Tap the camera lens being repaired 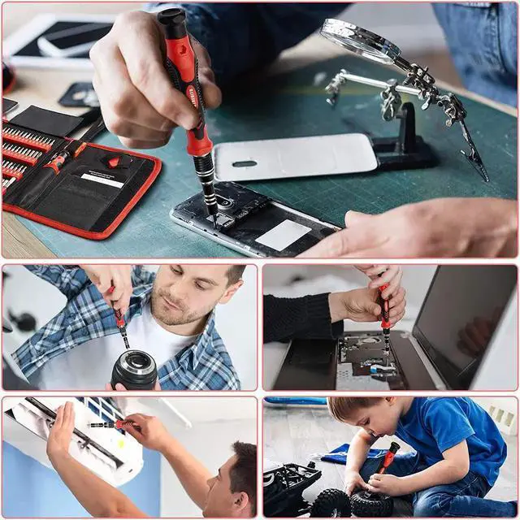134,370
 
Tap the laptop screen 463,317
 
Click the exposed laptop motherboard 366,357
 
